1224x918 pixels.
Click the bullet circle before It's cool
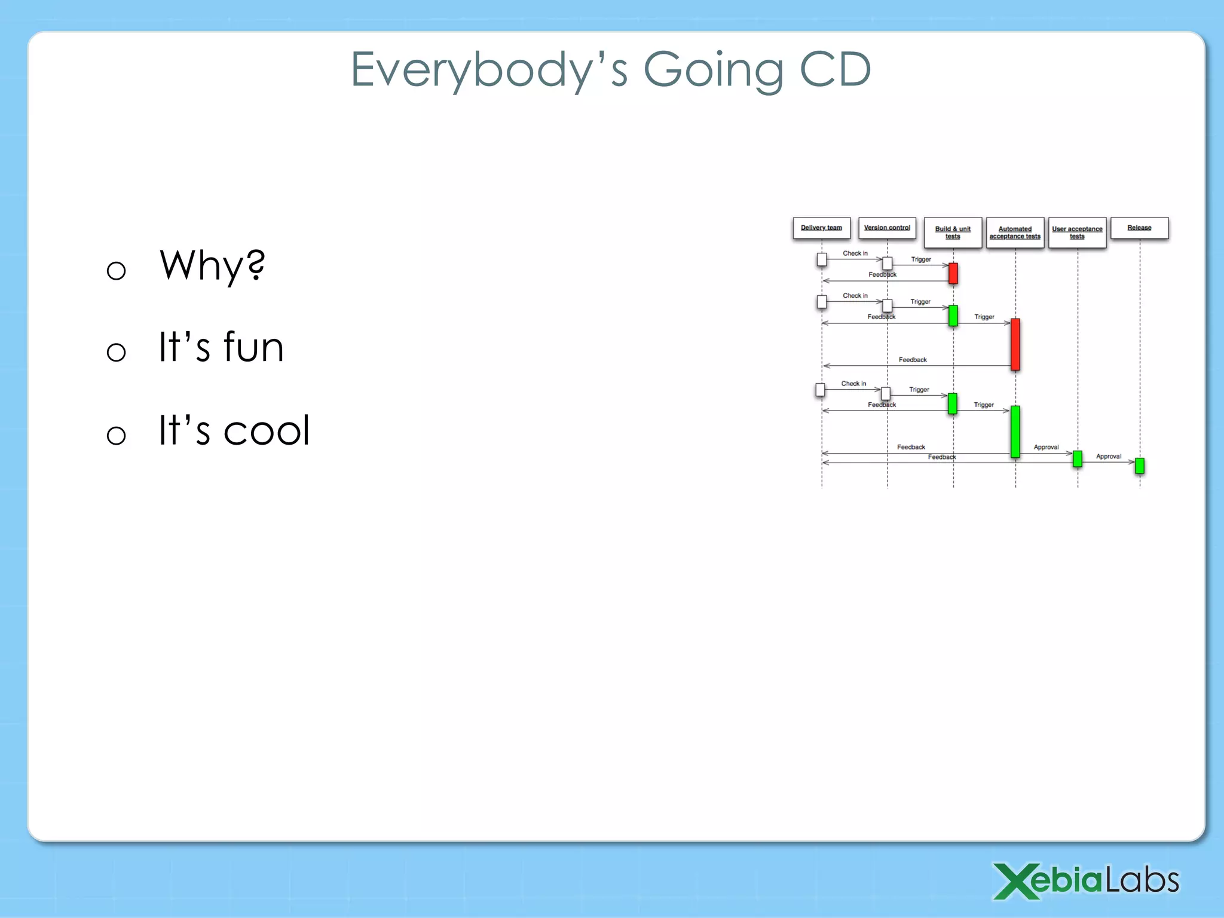[116, 434]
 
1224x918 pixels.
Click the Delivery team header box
[821, 228]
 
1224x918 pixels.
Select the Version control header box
[887, 228]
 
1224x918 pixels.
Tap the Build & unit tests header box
[953, 232]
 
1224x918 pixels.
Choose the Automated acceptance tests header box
[1015, 232]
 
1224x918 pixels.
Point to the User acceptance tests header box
[1077, 232]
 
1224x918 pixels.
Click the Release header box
[1139, 228]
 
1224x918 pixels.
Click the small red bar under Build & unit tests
[953, 273]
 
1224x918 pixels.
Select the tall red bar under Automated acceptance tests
[1015, 344]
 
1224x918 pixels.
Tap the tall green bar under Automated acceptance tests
[1015, 432]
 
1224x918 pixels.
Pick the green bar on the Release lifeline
[1140, 466]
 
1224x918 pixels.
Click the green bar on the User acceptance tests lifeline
[1078, 458]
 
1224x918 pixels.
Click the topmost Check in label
[855, 253]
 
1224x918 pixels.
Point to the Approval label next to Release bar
[1108, 457]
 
